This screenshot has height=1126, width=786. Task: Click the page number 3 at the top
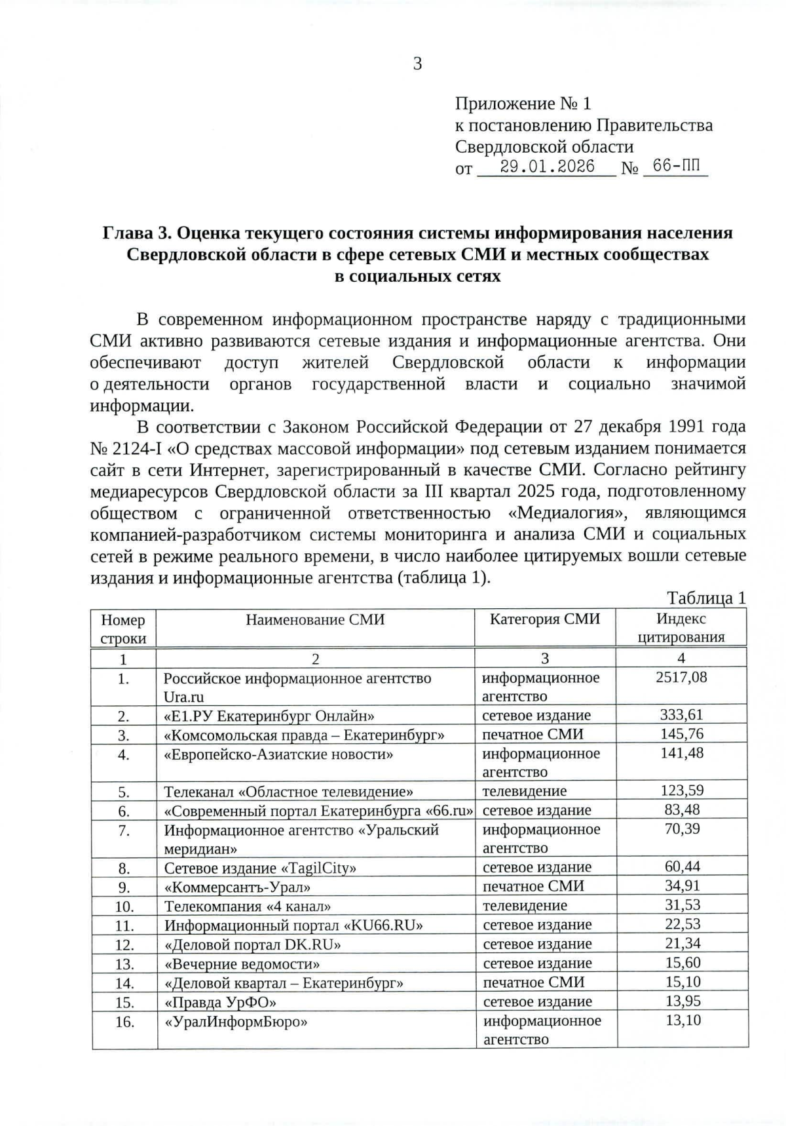point(417,64)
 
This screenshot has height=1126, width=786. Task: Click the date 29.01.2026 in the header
point(547,166)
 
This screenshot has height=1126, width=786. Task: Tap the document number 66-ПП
point(676,166)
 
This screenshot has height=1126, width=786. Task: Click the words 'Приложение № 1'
point(523,104)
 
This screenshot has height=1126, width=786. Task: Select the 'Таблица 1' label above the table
point(706,597)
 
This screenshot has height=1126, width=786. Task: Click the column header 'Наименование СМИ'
point(315,619)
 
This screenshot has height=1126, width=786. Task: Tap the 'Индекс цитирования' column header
point(681,628)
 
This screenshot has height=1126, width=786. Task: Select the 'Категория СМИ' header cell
point(544,619)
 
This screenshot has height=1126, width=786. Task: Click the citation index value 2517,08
point(681,677)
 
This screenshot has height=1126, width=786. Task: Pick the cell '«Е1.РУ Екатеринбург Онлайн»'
point(269,716)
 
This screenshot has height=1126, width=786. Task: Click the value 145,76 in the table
point(681,734)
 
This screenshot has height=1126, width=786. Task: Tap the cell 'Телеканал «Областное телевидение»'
point(288,792)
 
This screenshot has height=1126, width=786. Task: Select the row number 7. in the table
point(124,830)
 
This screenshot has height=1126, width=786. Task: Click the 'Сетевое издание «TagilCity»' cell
point(260,868)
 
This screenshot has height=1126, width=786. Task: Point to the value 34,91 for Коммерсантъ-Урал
point(682,886)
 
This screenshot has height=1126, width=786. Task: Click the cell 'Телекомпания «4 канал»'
point(247,906)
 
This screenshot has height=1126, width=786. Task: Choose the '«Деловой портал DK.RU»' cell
point(252,944)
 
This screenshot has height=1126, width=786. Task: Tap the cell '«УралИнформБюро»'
point(236,1021)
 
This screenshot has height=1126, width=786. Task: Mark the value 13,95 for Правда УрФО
point(682,1001)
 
